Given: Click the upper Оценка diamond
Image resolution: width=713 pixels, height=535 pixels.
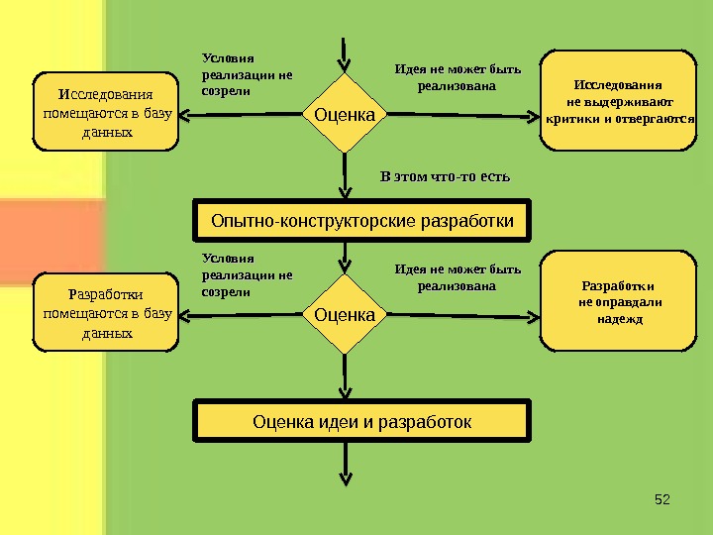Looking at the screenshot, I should (x=345, y=116).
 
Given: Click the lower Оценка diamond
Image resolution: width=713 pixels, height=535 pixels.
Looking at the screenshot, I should (x=345, y=315).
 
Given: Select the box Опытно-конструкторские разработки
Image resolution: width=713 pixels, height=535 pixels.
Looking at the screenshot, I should (x=362, y=220).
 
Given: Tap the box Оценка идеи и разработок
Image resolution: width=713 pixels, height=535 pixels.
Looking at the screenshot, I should (x=362, y=422).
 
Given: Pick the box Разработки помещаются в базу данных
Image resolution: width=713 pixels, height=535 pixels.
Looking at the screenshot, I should (x=106, y=314).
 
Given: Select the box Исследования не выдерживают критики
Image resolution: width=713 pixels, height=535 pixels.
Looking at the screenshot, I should (x=619, y=103).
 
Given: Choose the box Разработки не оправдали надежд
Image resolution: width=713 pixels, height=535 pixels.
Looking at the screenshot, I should (x=619, y=302).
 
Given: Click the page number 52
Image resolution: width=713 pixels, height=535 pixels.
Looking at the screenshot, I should (x=663, y=497).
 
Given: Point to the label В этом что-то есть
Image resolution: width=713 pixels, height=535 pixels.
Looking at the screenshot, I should (x=445, y=177).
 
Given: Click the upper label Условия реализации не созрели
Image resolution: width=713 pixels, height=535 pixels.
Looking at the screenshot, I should (x=248, y=74).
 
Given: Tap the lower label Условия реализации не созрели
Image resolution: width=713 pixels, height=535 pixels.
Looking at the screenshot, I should (x=248, y=275).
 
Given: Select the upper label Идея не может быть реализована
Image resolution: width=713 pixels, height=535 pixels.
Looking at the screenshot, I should (x=457, y=78).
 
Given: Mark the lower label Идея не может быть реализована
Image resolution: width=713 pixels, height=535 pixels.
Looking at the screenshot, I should (x=457, y=277).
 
